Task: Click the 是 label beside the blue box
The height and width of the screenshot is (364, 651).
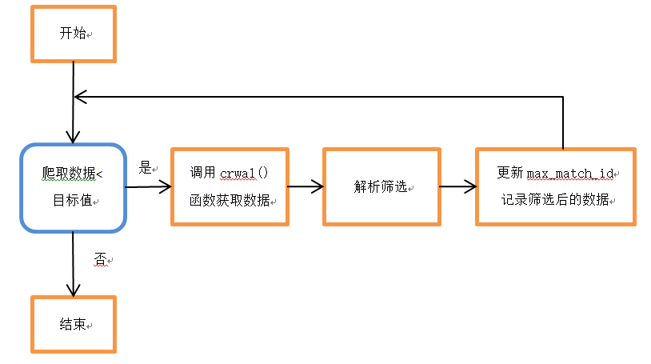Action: [146, 168]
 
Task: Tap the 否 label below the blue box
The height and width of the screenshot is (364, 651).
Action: [100, 259]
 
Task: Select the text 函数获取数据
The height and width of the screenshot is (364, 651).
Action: [229, 199]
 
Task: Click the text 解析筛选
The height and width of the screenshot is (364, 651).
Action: [379, 186]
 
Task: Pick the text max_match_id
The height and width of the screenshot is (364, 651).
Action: [568, 173]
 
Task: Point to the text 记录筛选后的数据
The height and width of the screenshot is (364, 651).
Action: [555, 199]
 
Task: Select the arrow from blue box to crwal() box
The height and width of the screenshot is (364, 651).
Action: [149, 187]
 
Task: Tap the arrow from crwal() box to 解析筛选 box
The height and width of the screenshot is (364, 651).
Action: [305, 186]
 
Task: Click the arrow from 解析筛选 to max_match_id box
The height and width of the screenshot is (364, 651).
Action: [457, 187]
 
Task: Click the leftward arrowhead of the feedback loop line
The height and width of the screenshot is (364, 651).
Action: [79, 97]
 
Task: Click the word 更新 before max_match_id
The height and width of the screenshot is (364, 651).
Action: [509, 173]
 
